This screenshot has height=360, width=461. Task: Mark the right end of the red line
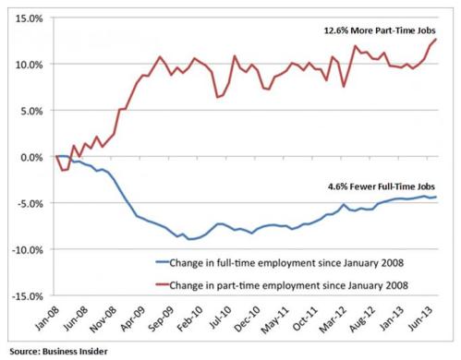click(x=437, y=39)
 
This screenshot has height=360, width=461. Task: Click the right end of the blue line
click(x=437, y=197)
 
